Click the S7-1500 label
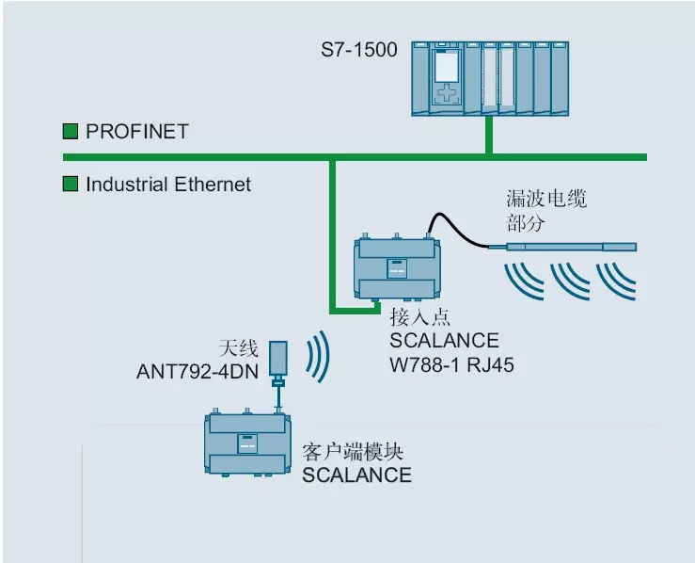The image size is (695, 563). [x=361, y=45]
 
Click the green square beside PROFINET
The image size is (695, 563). [x=71, y=131]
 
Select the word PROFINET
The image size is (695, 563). [x=137, y=132]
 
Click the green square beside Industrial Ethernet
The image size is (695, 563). [x=71, y=184]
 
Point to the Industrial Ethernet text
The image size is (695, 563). [x=168, y=185]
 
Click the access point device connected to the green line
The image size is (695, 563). [x=396, y=266]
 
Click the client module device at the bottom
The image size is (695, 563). [x=247, y=442]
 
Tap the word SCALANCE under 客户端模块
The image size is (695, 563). [x=356, y=475]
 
